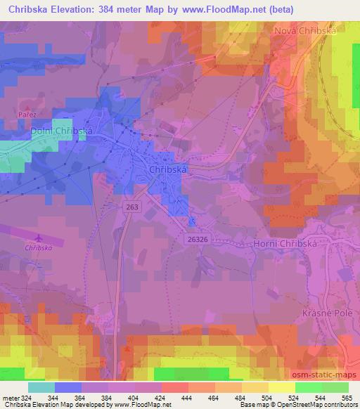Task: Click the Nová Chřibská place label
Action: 306,32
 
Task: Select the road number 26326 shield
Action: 198,238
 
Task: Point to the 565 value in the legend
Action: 347,398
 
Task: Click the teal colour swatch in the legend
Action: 41,387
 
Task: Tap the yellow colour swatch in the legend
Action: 281,387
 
